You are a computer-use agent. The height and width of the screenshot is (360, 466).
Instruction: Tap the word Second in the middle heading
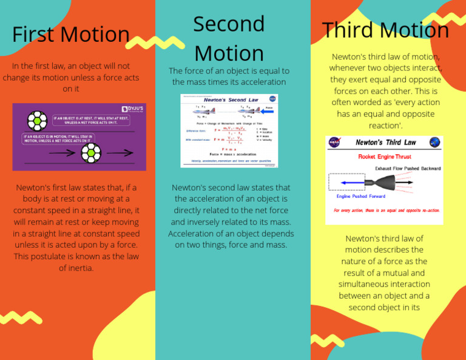229,24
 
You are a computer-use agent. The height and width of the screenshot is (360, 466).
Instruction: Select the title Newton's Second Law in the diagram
231,100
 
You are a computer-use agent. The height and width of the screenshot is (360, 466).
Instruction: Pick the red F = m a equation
229,149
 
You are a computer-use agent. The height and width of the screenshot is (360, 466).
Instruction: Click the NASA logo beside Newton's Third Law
335,143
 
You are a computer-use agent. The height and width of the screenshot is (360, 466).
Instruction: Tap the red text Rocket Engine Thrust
384,157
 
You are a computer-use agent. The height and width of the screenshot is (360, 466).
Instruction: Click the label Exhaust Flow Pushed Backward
408,168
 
